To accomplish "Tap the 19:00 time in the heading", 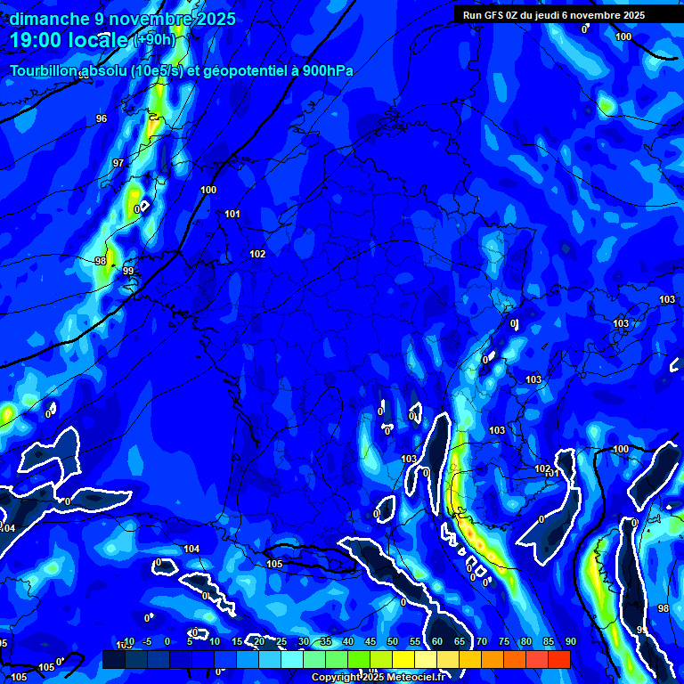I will coord(38,40).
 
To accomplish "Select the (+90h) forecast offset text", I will coord(154,40).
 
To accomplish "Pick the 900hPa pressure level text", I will coord(328,71).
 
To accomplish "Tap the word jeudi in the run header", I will coord(563,15).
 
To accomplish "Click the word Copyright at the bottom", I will coord(338,678).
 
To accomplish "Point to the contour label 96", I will coord(102,118).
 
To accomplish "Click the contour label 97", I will coord(118,163).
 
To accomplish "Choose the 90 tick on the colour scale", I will coord(570,642).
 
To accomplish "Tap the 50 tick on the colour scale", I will coord(393,642).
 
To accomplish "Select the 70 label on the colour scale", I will coord(482,642).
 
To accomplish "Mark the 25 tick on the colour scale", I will coord(281,642).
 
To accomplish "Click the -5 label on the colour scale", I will coord(147,642).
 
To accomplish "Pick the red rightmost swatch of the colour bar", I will coord(558,659).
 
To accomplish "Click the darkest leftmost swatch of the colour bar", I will coord(113,659).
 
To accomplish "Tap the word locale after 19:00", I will coord(99,40).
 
